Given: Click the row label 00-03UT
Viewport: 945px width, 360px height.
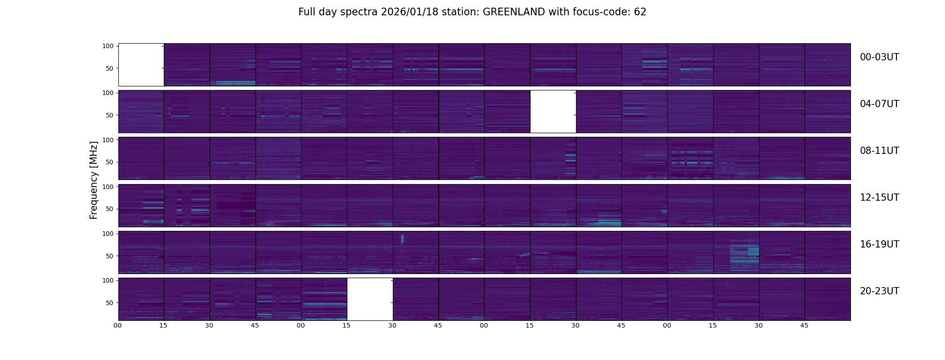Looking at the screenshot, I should tap(879, 57).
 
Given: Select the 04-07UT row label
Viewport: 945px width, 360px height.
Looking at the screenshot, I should tap(879, 104).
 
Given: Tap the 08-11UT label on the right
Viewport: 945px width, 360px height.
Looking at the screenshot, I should tap(879, 151).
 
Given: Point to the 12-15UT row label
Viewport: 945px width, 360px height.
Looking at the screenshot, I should tap(879, 198).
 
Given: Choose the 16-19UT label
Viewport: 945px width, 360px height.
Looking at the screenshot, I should tap(879, 244).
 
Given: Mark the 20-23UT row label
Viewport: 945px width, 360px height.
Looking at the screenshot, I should tap(879, 291).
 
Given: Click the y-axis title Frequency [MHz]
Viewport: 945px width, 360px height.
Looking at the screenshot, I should tap(94, 180).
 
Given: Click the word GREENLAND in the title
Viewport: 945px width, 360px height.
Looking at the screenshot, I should tap(513, 12).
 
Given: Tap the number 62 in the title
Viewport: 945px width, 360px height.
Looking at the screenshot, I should tap(640, 12).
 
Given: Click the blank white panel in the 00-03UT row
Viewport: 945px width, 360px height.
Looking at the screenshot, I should tap(141, 65).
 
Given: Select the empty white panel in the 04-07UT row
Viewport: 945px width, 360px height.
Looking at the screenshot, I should tap(553, 112).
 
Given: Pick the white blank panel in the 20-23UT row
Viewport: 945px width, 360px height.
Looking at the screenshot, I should tap(370, 299).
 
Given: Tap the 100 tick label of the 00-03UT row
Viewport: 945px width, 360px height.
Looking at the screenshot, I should tap(108, 46).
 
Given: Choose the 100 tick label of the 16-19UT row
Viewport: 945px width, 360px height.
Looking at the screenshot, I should tap(108, 234).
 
